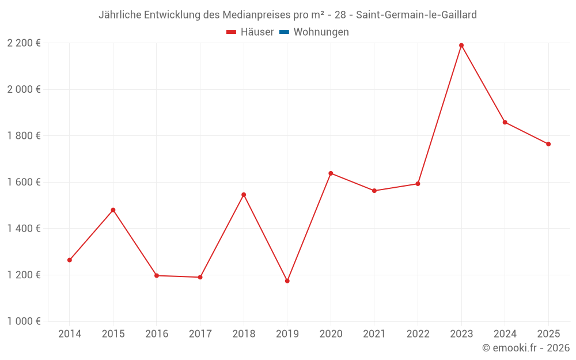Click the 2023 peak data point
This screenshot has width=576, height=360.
461,46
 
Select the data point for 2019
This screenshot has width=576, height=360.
287,281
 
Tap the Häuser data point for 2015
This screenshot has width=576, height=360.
113,210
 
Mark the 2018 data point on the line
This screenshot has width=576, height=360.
244,195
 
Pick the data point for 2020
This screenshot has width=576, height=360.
331,173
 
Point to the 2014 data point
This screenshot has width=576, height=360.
70,260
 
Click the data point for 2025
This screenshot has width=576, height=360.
548,144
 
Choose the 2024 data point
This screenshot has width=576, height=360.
505,122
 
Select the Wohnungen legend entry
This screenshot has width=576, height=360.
321,32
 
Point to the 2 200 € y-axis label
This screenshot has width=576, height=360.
24,43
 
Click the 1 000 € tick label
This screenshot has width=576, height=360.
24,321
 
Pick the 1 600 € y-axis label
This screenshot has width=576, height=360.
24,182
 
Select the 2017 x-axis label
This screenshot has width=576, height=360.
200,334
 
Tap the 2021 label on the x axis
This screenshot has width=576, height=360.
374,334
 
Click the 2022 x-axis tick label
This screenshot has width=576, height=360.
418,334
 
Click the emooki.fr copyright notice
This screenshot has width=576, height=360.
525,348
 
